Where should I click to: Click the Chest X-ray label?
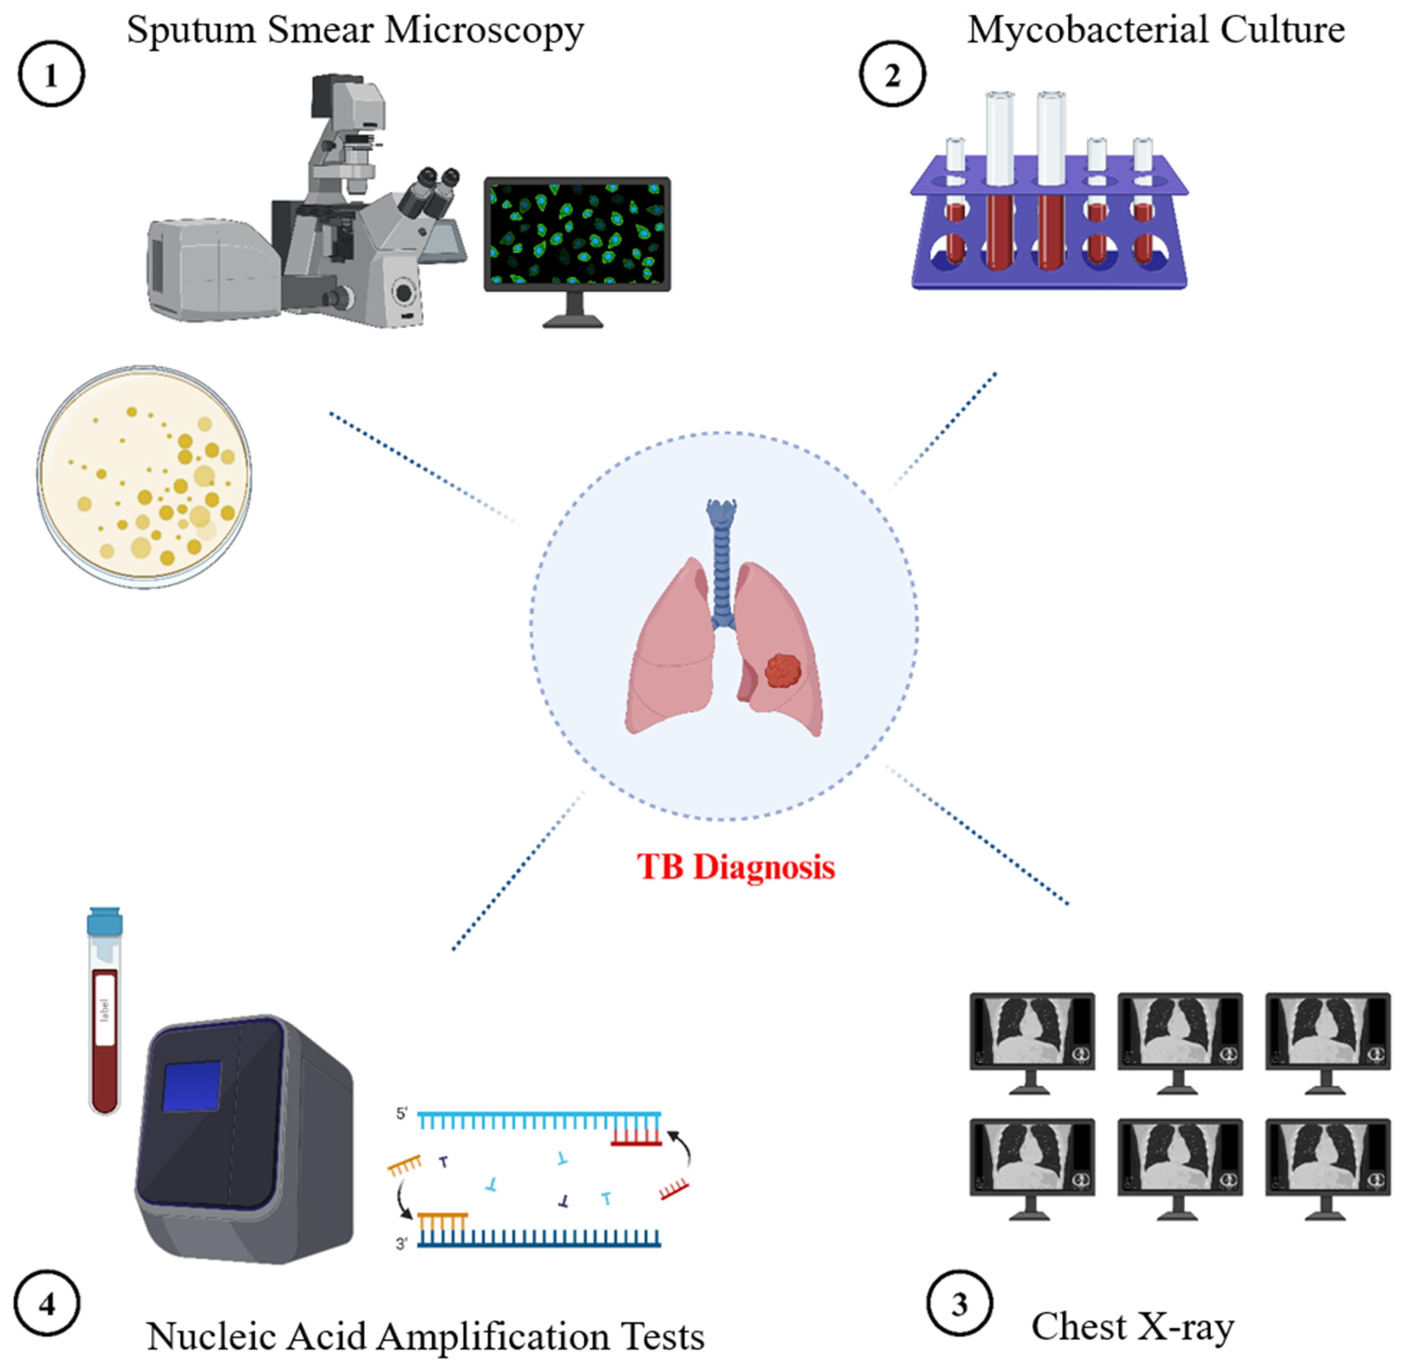click(x=1132, y=1326)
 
